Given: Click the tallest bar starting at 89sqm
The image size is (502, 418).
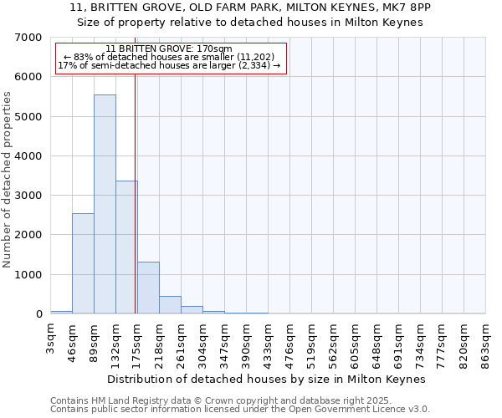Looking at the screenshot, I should [105, 204].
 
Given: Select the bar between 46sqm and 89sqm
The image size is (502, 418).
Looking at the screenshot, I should [83, 263].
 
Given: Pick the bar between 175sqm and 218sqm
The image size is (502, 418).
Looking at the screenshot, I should [148, 288].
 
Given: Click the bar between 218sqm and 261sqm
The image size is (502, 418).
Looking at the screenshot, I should [170, 305].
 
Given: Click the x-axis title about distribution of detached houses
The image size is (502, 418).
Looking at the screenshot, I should [267, 379].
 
